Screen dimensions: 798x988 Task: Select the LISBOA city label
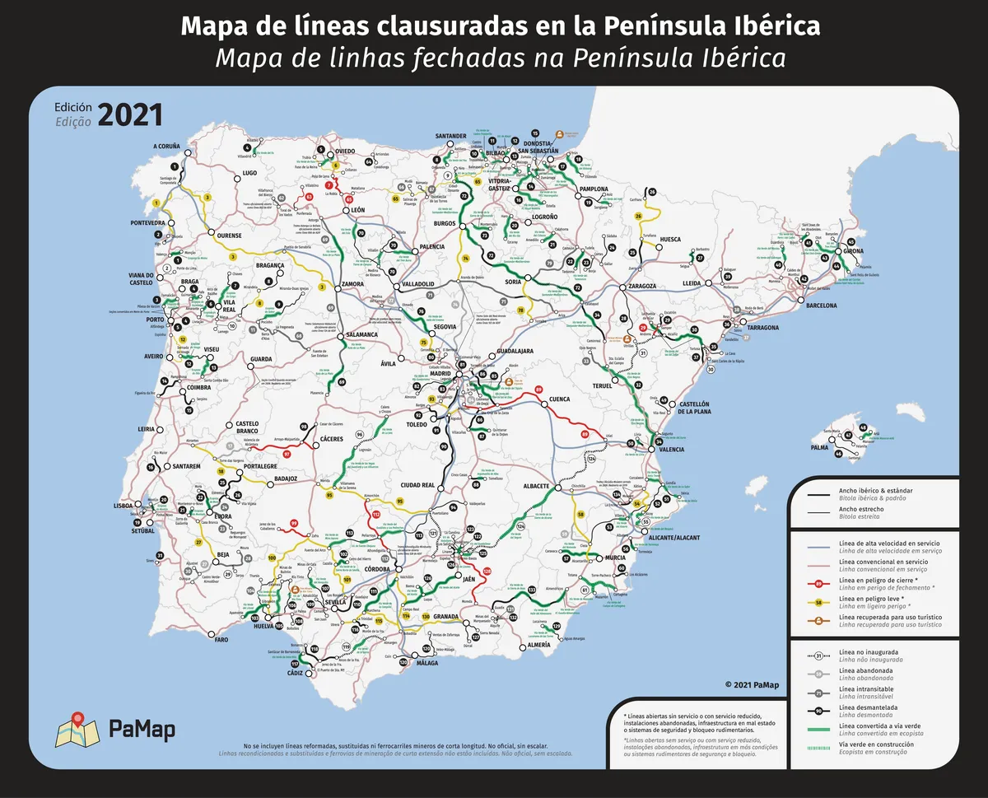(123, 506)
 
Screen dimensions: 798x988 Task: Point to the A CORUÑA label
(166, 147)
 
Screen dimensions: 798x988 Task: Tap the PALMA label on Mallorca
(819, 447)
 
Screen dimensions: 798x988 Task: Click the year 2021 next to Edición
(130, 114)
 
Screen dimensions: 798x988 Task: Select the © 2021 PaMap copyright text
(753, 684)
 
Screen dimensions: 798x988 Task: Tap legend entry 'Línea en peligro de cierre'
(876, 581)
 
